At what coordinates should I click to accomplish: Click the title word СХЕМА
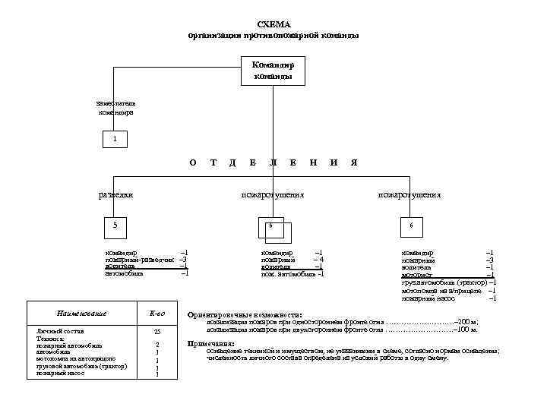(x=273, y=24)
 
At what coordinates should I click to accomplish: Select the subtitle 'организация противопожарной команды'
(x=273, y=35)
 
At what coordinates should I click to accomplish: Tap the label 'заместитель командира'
(x=116, y=107)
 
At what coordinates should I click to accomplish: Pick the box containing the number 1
(x=115, y=140)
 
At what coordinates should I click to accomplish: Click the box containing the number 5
(x=115, y=225)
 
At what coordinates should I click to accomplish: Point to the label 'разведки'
(x=116, y=194)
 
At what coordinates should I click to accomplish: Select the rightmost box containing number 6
(x=410, y=225)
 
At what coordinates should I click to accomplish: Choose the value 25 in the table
(x=157, y=333)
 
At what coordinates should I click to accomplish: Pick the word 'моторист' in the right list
(x=417, y=275)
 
